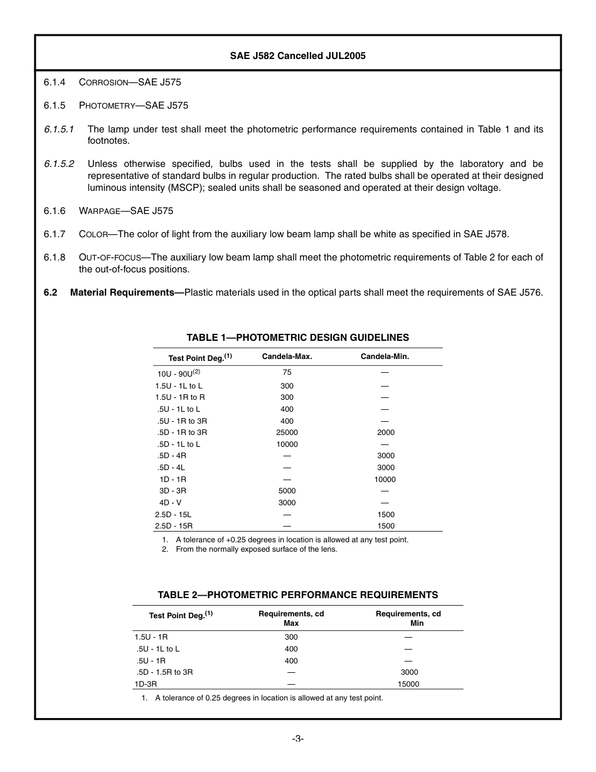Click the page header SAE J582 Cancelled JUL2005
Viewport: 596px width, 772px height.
[x=297, y=56]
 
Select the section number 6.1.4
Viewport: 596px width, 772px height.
[x=55, y=82]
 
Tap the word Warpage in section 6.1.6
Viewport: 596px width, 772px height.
[x=100, y=211]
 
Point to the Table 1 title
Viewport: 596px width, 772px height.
[x=297, y=338]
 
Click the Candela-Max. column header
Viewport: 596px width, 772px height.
[x=287, y=357]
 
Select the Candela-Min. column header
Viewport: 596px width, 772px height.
[x=385, y=357]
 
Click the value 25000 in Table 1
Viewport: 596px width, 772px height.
[x=287, y=432]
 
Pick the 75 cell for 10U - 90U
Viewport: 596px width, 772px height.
[x=287, y=372]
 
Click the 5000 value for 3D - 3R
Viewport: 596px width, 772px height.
[x=287, y=491]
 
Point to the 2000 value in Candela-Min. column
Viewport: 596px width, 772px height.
[x=385, y=432]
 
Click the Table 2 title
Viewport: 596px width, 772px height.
[x=297, y=595]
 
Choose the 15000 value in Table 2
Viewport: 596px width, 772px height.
[x=408, y=684]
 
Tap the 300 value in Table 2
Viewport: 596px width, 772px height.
[x=291, y=637]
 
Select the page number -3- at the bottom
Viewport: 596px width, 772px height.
[x=297, y=739]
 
